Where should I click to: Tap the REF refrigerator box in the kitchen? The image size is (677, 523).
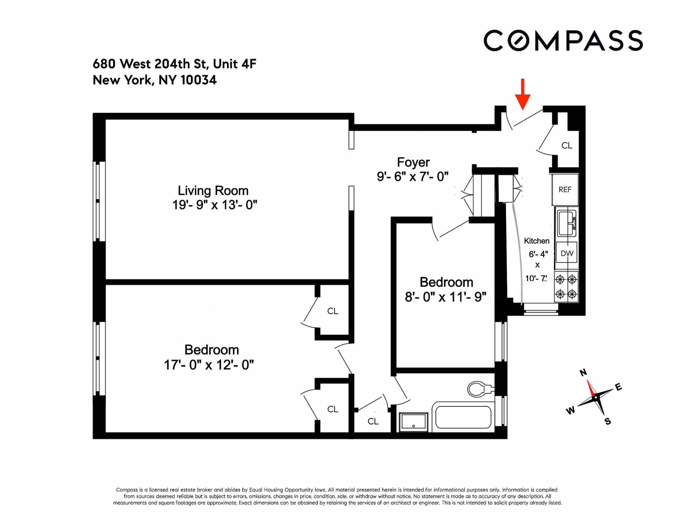click(x=565, y=190)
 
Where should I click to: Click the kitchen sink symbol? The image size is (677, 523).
click(x=567, y=223)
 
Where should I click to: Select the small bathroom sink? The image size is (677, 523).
click(x=413, y=422)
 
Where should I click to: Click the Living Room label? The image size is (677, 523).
click(x=213, y=191)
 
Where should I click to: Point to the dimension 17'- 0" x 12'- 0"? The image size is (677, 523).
click(x=209, y=365)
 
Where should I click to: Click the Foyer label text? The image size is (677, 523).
click(x=413, y=162)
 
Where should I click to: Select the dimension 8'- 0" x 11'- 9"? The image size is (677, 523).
click(x=445, y=297)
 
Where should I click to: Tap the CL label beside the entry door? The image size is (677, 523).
click(x=567, y=145)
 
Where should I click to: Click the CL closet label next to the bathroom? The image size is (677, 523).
click(x=373, y=421)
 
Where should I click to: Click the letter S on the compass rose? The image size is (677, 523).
click(x=608, y=421)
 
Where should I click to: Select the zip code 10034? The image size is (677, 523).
click(x=198, y=80)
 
